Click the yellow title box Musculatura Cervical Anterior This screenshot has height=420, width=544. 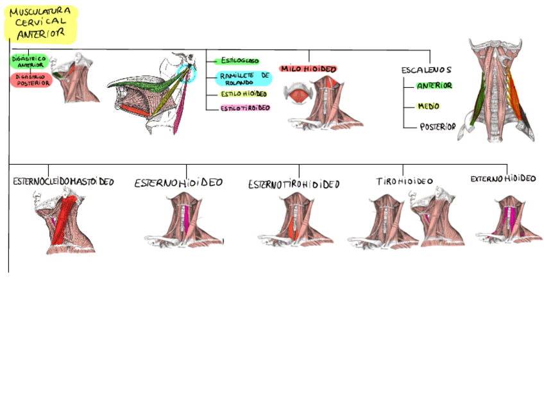(40, 24)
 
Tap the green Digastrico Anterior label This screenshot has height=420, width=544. (30, 62)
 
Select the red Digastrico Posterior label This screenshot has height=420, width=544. (30, 80)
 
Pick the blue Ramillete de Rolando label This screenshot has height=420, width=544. (243, 78)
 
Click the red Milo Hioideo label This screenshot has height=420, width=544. (309, 69)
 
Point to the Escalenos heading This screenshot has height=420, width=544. (427, 70)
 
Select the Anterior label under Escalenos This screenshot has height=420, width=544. (434, 86)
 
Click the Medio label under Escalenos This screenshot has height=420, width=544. (429, 106)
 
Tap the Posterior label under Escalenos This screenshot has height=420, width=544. (438, 127)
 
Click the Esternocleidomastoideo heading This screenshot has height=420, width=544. (63, 182)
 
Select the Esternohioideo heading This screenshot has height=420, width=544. (178, 183)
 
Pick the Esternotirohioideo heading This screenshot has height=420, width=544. (293, 185)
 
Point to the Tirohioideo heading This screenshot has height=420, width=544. (404, 181)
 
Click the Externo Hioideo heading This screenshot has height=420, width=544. (502, 179)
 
